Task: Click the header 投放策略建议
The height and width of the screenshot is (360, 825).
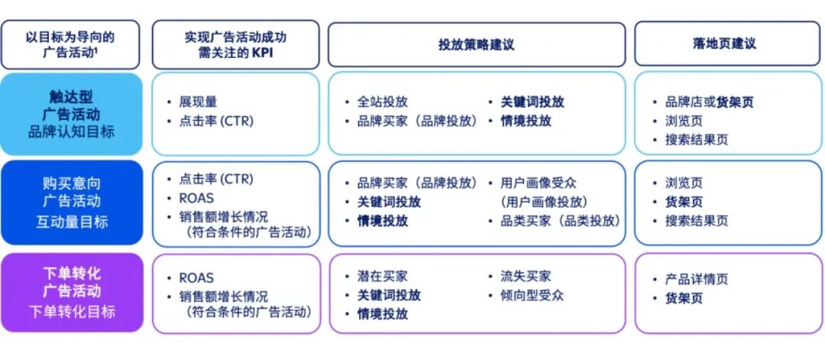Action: click(476, 44)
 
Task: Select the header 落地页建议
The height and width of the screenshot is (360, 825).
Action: click(724, 43)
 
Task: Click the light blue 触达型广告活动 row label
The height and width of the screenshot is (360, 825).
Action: click(72, 114)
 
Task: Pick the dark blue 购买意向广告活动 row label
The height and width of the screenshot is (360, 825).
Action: click(72, 203)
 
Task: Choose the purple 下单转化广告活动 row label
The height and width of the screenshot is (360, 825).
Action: click(72, 293)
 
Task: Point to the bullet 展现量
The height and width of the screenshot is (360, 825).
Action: click(198, 102)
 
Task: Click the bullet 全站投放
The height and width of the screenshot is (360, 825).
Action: click(383, 102)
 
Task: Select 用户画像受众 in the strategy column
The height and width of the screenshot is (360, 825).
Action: click(539, 183)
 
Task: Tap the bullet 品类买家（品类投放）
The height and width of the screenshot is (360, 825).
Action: click(561, 221)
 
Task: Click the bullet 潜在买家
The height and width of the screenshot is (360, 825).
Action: click(383, 277)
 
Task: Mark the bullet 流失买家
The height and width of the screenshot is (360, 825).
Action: click(526, 277)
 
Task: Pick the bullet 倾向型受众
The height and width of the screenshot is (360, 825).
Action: click(532, 295)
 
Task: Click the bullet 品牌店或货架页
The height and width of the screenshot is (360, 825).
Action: click(709, 102)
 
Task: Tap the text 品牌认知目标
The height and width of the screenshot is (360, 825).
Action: click(72, 131)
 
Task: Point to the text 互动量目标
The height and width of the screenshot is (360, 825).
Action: click(72, 222)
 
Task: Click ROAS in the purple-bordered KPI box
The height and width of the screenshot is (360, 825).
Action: click(196, 277)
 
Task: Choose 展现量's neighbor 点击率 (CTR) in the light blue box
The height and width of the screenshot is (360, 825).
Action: click(216, 121)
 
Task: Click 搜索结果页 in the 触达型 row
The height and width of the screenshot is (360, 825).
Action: click(697, 140)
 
